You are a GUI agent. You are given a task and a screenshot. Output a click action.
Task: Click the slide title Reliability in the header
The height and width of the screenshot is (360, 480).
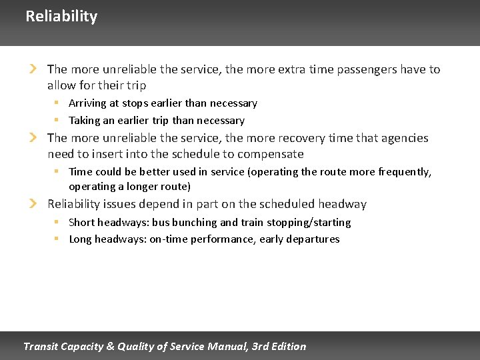61,16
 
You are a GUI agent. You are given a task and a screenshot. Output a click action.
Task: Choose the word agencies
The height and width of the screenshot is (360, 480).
404,138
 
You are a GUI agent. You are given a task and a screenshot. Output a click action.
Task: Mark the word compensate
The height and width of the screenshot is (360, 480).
271,154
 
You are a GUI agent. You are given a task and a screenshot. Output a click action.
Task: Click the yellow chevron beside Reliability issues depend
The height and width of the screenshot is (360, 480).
32,203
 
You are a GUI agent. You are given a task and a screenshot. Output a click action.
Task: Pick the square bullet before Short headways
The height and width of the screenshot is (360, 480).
57,221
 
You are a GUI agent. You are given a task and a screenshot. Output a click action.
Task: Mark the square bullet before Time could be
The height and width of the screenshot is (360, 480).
57,171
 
